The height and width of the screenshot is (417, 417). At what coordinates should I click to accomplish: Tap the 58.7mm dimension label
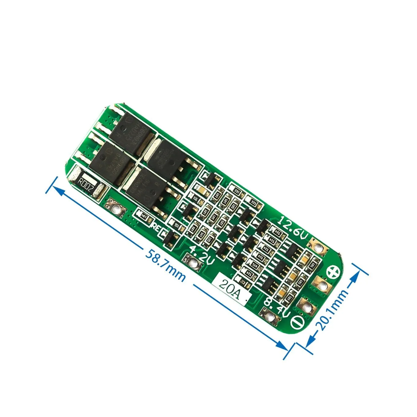165,266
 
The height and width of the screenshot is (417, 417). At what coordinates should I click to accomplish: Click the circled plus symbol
334,272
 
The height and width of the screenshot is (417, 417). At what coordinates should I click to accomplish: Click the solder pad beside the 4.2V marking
193,263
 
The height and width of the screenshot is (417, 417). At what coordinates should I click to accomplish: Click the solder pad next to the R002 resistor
116,209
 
